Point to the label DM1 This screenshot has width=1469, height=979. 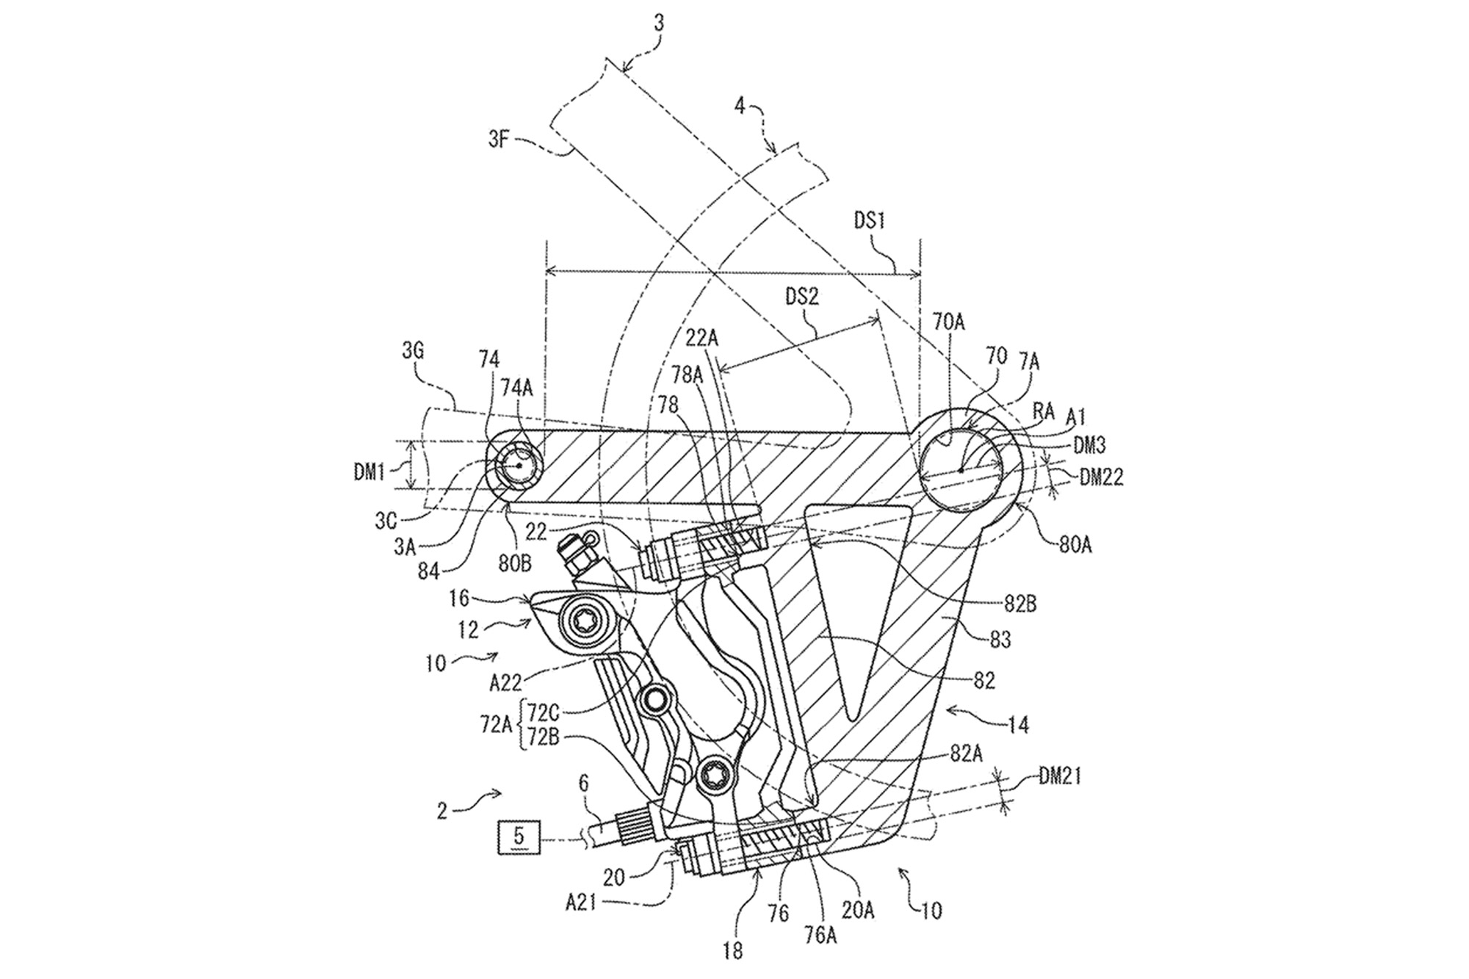pyautogui.click(x=369, y=473)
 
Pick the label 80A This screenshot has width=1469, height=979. pyautogui.click(x=1075, y=546)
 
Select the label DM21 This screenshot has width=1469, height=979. pyautogui.click(x=1060, y=776)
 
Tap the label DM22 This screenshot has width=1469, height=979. pyautogui.click(x=1101, y=478)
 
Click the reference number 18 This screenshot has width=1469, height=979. pyautogui.click(x=732, y=951)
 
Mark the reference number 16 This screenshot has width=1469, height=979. pyautogui.click(x=459, y=599)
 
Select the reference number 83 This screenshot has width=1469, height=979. pyautogui.click(x=1000, y=639)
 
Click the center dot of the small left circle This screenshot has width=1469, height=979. pyautogui.click(x=519, y=466)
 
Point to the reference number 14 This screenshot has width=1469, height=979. pyautogui.click(x=1019, y=725)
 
